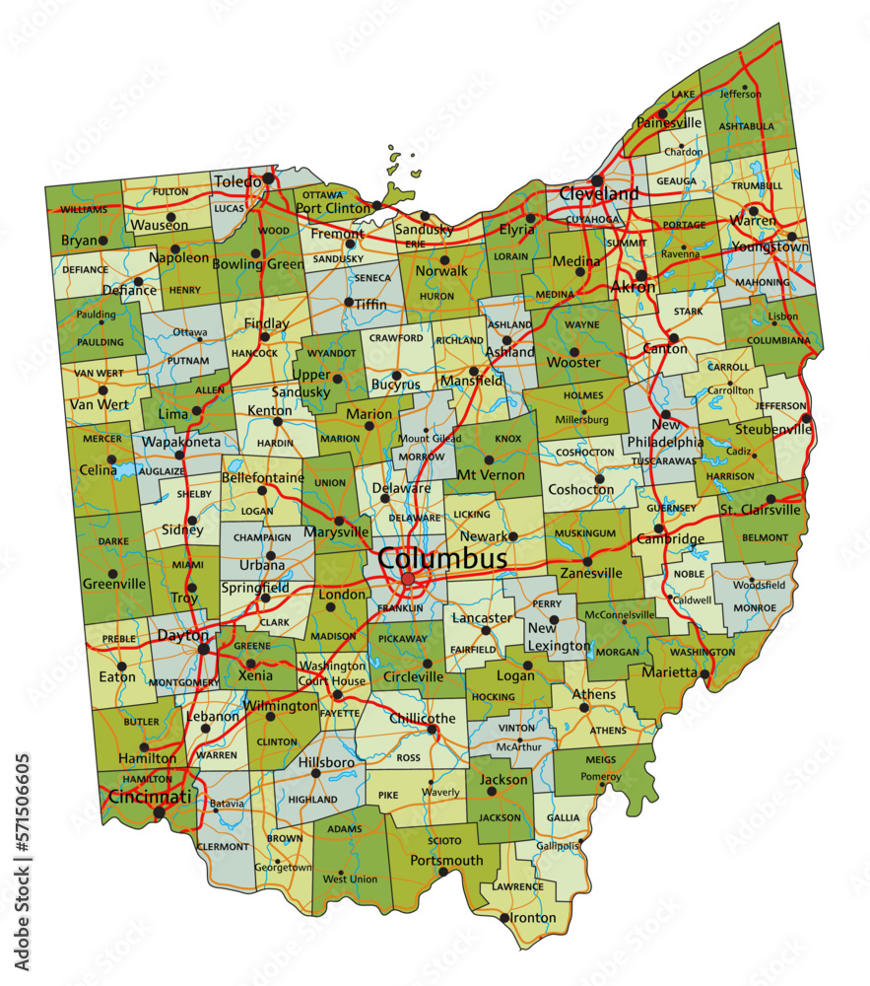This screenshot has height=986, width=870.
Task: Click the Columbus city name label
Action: coord(443,559)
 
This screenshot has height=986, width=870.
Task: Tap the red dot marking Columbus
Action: coord(408,579)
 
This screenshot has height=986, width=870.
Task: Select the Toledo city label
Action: coord(236,181)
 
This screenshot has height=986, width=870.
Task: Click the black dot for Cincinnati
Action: coord(160,813)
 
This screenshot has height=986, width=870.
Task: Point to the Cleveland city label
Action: coord(599,194)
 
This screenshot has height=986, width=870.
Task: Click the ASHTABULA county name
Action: coord(746,126)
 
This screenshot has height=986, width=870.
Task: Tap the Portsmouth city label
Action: coord(448,860)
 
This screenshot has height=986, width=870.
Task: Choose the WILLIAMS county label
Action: coord(83,209)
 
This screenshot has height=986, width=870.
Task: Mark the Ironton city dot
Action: coord(503,918)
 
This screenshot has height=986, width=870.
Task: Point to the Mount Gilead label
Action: coord(430,439)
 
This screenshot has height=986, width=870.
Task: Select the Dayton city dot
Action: coord(204,649)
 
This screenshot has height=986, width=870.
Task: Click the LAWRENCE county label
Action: coord(517,886)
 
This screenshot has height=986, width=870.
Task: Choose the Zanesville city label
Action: coord(591,573)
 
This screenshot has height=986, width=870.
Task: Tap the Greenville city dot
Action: coord(112,573)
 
